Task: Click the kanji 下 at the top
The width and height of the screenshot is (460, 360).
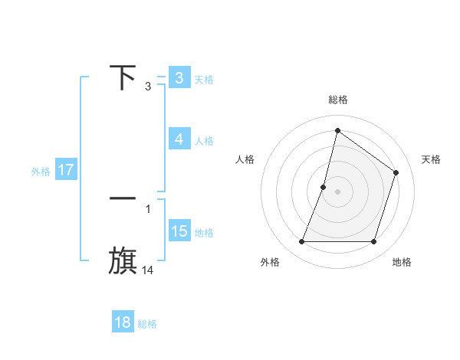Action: point(123,77)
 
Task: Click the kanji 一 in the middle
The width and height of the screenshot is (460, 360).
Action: point(123,198)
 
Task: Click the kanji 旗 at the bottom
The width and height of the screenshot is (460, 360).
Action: point(123,260)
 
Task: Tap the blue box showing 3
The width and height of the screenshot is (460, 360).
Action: point(179,78)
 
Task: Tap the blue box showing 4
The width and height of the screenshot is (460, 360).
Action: point(179,139)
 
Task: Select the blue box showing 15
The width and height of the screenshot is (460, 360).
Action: point(179,231)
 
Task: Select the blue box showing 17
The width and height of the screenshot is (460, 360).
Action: point(66,170)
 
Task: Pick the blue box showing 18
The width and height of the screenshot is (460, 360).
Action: point(123,322)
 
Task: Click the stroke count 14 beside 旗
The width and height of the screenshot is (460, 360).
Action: point(148,270)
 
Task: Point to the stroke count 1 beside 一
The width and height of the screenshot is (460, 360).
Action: point(148,208)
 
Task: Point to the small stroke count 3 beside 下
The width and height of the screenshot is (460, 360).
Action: point(148,87)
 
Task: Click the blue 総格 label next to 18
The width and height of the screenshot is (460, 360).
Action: point(147,324)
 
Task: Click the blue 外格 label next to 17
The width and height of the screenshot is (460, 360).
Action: point(41,172)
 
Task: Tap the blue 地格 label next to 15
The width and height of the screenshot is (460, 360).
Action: point(204,233)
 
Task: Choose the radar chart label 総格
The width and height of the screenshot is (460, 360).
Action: point(338,100)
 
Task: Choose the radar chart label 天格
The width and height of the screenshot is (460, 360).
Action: point(432,159)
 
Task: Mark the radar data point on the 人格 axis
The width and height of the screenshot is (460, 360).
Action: point(324,187)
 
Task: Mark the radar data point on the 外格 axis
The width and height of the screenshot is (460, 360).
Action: point(301,242)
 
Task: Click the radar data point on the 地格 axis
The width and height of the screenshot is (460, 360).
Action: point(374,242)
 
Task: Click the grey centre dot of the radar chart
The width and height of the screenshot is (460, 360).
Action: point(338,191)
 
